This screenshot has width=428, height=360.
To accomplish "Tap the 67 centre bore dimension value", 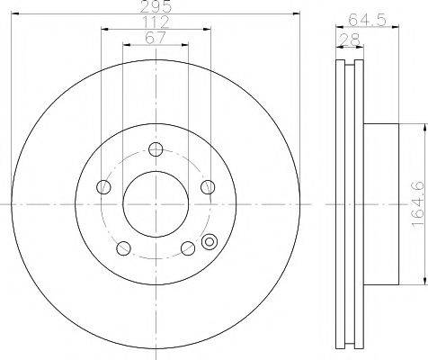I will pos(156,39).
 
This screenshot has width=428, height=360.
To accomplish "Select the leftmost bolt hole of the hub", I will pos(103,187).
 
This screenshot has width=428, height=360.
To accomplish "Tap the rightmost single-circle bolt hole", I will pos(208,187).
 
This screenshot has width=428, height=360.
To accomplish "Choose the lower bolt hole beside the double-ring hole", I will pos(187,249).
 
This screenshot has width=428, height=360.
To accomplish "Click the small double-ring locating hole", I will pos(211,241).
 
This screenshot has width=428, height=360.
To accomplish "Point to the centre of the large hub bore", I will pos(155,203).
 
